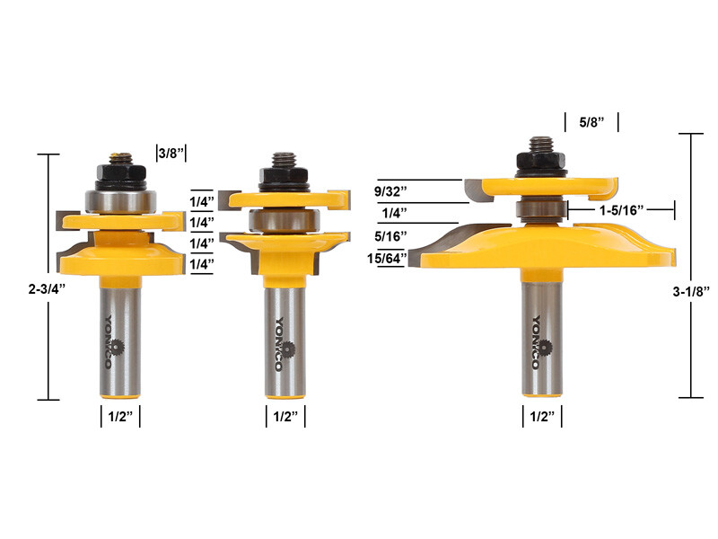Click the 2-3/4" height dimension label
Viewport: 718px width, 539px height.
[22, 289]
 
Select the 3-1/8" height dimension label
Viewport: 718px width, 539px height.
[694, 289]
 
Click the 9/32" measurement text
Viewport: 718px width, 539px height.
[392, 190]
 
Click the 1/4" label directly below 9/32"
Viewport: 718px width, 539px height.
[392, 213]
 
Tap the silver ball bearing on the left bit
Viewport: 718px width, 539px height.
[117, 199]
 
